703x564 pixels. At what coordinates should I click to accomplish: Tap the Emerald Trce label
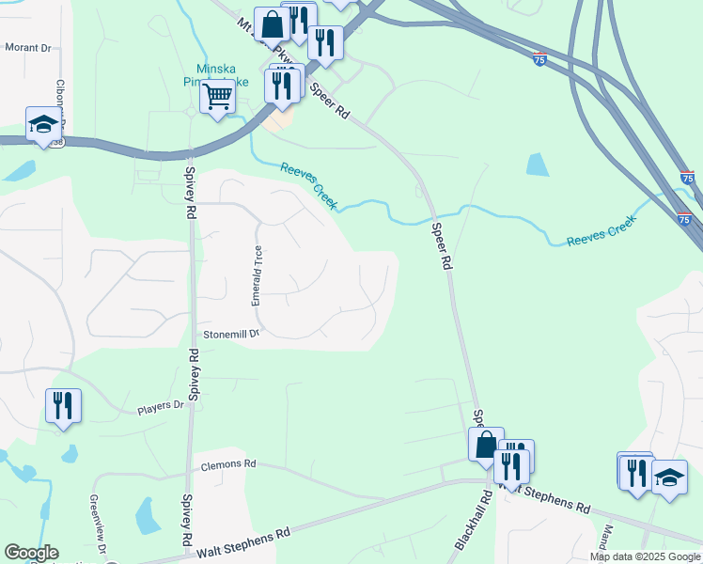[257, 275]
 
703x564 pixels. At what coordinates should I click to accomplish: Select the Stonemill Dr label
[230, 334]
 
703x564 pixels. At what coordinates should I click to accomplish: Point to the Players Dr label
[160, 406]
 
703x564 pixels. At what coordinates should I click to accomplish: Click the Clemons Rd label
[227, 464]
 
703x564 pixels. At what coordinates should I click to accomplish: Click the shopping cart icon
[217, 96]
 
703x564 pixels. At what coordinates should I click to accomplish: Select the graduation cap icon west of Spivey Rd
[42, 125]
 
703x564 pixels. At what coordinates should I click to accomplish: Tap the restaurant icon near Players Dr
[63, 406]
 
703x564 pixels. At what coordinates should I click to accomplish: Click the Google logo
[31, 553]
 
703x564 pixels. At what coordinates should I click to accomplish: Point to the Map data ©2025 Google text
[646, 556]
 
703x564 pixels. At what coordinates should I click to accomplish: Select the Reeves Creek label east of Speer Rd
[601, 231]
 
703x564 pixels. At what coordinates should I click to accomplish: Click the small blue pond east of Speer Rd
[538, 164]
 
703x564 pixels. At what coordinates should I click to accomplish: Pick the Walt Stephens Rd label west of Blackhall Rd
[243, 543]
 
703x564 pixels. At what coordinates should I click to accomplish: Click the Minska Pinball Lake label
[222, 75]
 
